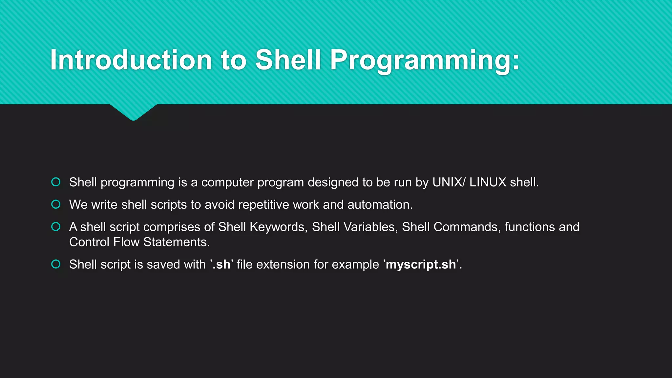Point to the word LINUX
(488, 182)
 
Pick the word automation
(380, 205)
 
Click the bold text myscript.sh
(421, 264)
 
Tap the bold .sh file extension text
(222, 264)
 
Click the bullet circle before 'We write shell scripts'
(56, 204)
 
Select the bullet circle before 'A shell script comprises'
(56, 227)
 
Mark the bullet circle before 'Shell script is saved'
(56, 264)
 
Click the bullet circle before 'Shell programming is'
(56, 182)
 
